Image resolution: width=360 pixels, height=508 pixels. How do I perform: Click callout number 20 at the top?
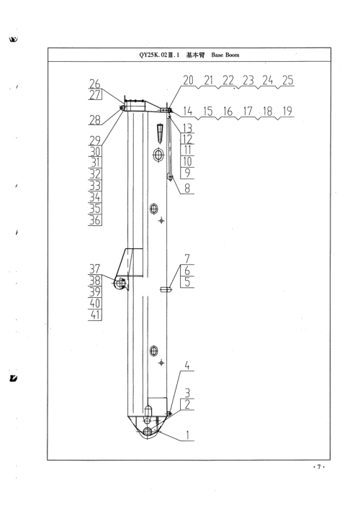tap(188, 80)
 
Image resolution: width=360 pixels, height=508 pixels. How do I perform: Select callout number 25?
tap(288, 80)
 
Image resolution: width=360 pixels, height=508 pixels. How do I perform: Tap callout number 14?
tap(187, 111)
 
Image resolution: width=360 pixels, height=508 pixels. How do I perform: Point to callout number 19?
tap(287, 111)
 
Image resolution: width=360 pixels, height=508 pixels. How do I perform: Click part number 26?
tap(95, 84)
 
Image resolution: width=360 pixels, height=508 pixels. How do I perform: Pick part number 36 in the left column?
tap(95, 220)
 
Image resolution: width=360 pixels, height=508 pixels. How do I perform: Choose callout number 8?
tap(187, 188)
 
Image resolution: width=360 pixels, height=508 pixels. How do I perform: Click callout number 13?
tap(187, 128)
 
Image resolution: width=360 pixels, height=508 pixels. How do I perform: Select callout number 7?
tap(187, 259)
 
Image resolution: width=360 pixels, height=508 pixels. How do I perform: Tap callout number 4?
tap(187, 366)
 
